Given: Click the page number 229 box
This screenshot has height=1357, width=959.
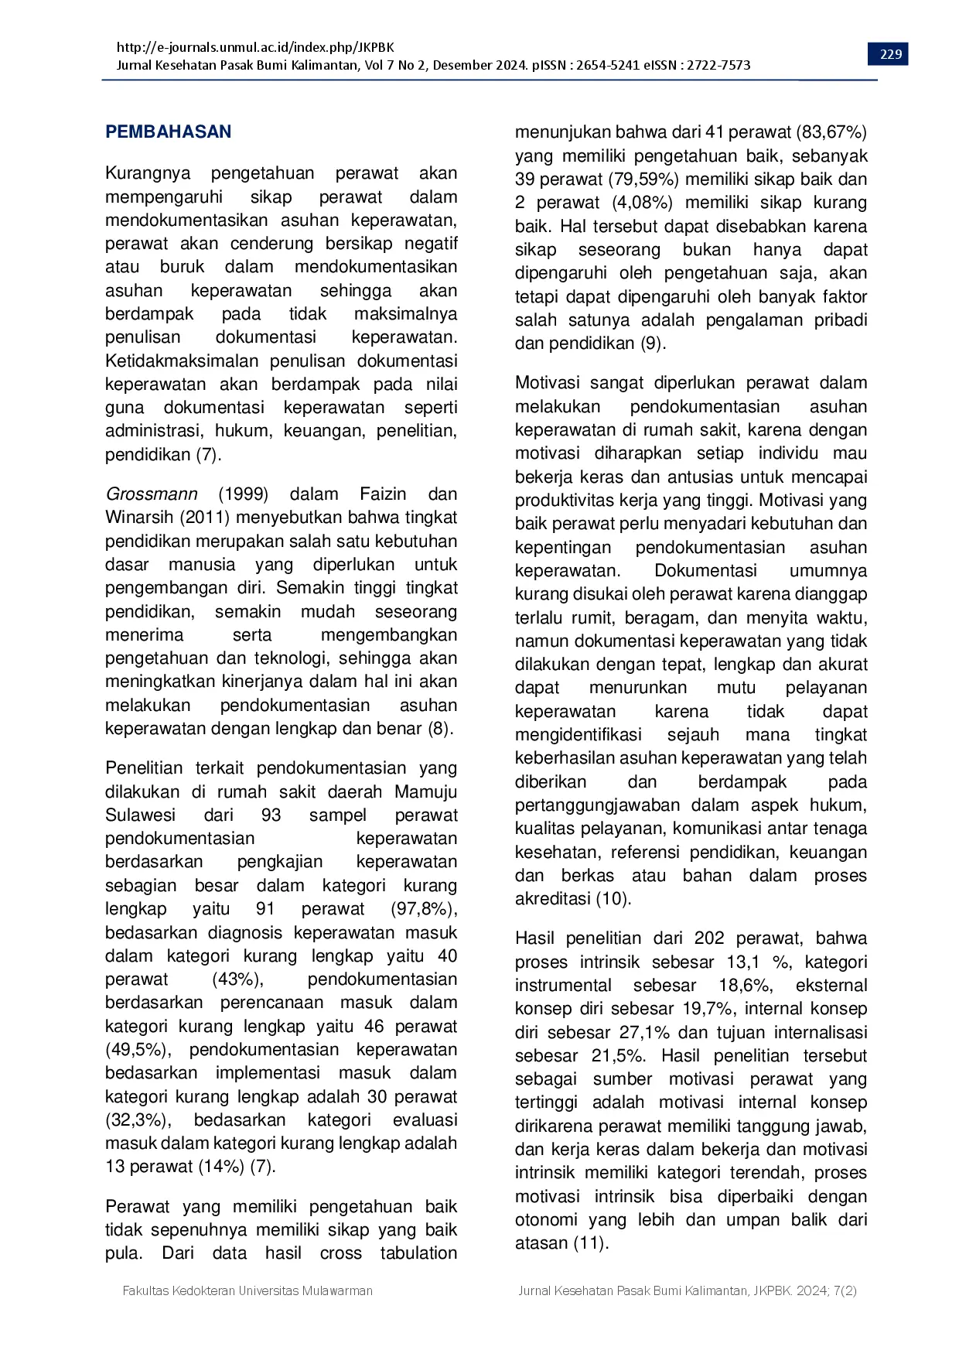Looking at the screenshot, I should coord(891,54).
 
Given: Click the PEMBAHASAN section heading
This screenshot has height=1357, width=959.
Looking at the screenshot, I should coord(168,132).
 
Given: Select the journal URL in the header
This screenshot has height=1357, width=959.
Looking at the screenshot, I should coord(255,47).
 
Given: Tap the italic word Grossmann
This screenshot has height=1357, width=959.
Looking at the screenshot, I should coord(152,494).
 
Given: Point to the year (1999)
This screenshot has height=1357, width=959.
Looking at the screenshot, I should coord(243,494).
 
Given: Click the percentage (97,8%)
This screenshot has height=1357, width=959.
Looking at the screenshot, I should coord(424,908).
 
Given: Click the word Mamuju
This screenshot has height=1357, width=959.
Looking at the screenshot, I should coord(425,791).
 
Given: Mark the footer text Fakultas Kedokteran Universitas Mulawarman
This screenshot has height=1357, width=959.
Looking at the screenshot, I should coord(247,1290).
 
